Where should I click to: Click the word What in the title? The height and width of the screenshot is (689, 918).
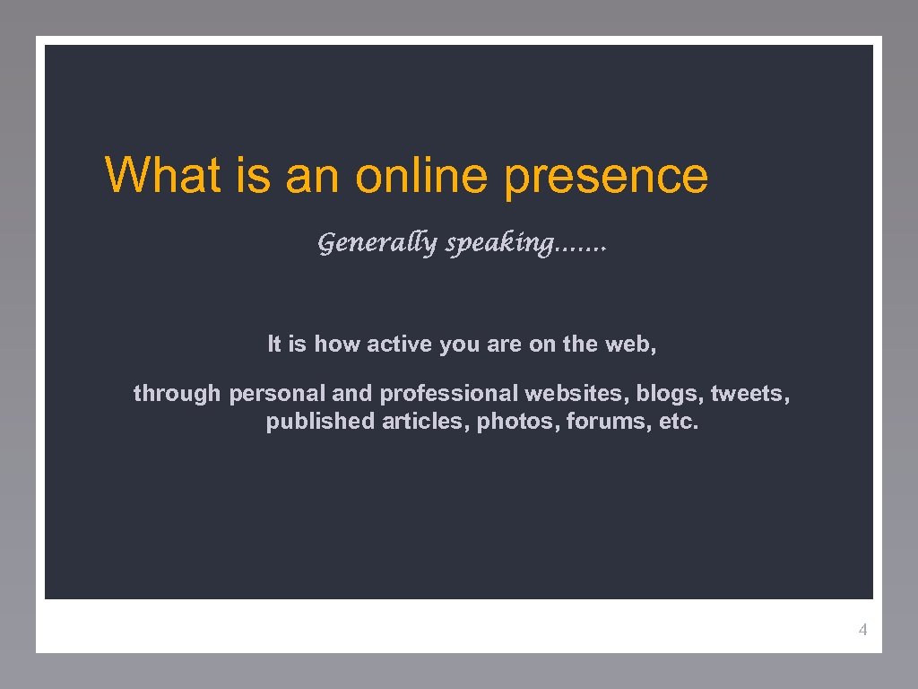pyautogui.click(x=162, y=175)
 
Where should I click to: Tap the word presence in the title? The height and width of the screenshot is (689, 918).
pyautogui.click(x=606, y=177)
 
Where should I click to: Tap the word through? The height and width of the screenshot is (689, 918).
pyautogui.click(x=177, y=393)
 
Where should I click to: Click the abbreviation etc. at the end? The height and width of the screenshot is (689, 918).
pyautogui.click(x=679, y=422)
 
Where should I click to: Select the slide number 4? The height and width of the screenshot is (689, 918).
pyautogui.click(x=862, y=630)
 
